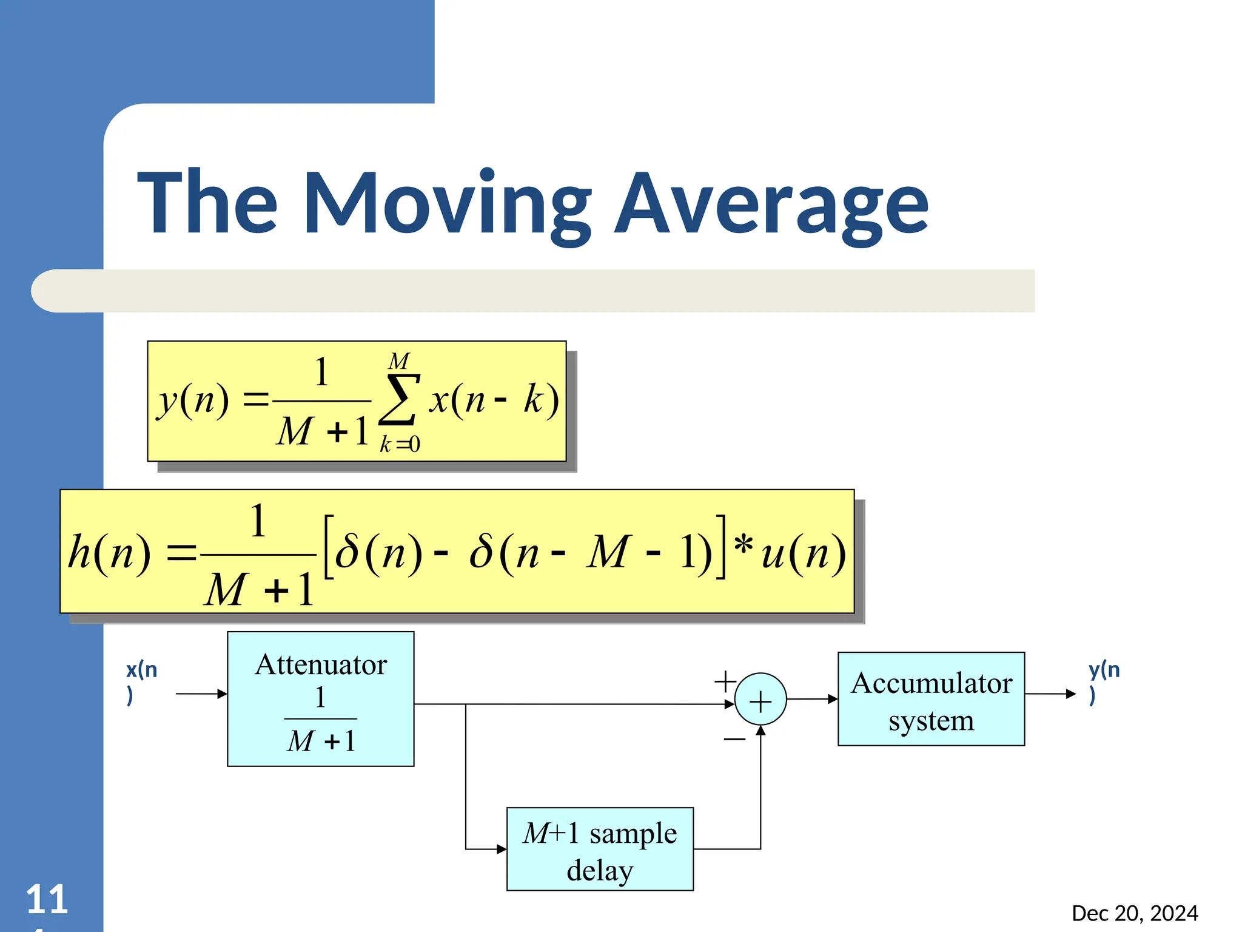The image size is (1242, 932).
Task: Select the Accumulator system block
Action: [931, 699]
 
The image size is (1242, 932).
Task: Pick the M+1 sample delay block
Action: [600, 849]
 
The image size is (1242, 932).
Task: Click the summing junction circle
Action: [760, 700]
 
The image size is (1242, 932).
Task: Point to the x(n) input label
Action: [141, 681]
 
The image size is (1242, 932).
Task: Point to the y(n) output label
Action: [1103, 681]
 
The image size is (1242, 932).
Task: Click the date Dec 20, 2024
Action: [1135, 913]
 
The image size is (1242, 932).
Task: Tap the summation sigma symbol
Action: [399, 399]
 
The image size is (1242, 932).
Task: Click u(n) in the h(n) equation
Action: [803, 553]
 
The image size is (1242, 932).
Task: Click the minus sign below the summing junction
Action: [734, 739]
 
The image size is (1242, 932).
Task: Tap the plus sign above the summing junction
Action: [725, 681]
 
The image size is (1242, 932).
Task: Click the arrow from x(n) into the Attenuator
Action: [201, 694]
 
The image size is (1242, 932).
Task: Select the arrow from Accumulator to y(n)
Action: [1050, 694]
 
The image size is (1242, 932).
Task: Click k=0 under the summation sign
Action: [400, 445]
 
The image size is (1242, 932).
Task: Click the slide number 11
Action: [47, 899]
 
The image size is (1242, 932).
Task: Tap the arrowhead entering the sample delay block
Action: [502, 849]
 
